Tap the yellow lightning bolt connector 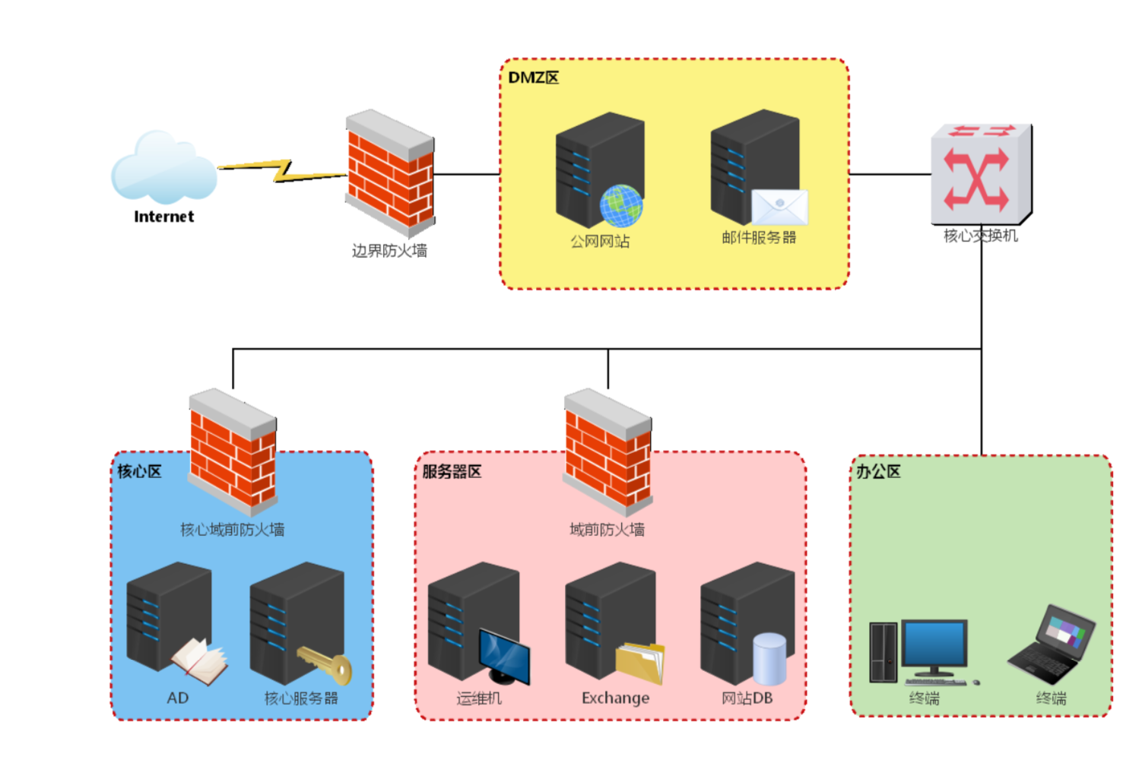pyautogui.click(x=282, y=171)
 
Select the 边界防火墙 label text pyautogui.click(x=389, y=251)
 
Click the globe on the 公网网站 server pyautogui.click(x=621, y=205)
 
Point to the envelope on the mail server pyautogui.click(x=779, y=207)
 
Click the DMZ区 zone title pyautogui.click(x=534, y=78)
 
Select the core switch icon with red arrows pyautogui.click(x=982, y=174)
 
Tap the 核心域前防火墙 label pyautogui.click(x=233, y=530)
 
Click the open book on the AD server pyautogui.click(x=199, y=661)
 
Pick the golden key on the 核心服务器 pyautogui.click(x=325, y=664)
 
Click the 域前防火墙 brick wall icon pyautogui.click(x=607, y=452)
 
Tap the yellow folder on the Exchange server pyautogui.click(x=640, y=663)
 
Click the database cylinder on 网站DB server pyautogui.click(x=770, y=659)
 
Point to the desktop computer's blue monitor pyautogui.click(x=934, y=644)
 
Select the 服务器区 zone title pyautogui.click(x=452, y=471)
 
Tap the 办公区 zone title pyautogui.click(x=878, y=471)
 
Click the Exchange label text pyautogui.click(x=615, y=698)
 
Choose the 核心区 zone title pyautogui.click(x=140, y=471)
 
